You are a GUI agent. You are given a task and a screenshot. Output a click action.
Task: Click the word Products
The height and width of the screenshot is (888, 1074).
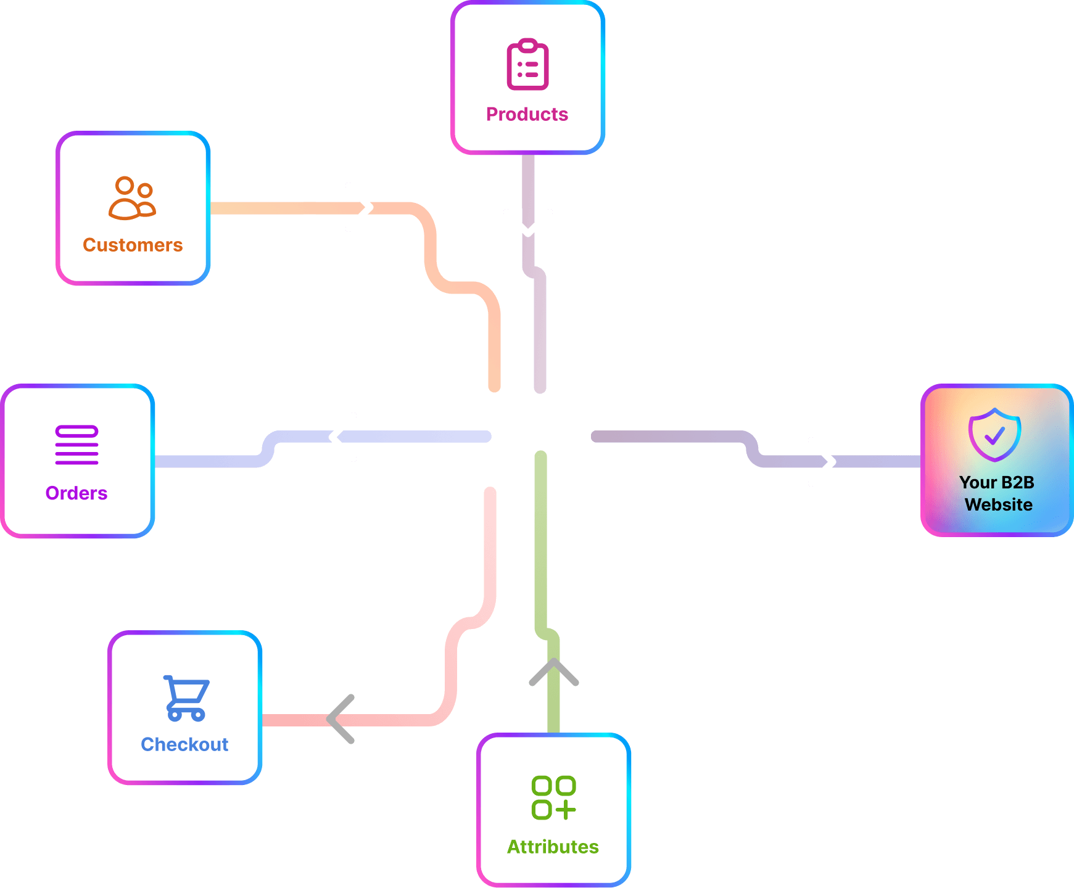[x=527, y=114]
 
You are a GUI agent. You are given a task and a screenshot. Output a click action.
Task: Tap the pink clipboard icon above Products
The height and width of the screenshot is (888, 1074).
[x=527, y=64]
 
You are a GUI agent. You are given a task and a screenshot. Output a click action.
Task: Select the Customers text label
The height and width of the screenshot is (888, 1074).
[x=133, y=245]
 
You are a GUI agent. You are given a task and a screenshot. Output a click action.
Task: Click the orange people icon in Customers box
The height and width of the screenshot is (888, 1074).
[x=133, y=198]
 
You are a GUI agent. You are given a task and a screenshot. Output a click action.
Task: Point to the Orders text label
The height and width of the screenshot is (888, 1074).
[x=76, y=493]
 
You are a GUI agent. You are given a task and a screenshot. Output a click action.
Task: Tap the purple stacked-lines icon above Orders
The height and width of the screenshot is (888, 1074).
[x=76, y=445]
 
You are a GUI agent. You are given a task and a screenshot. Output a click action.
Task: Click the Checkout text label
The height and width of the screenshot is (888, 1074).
[x=184, y=744]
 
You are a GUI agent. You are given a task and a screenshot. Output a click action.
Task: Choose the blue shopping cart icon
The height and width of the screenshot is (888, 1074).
[x=186, y=698]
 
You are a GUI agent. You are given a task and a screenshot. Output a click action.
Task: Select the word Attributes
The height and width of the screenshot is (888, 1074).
[x=553, y=847]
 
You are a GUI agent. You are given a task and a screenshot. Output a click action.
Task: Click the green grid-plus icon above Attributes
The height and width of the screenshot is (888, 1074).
[x=553, y=797]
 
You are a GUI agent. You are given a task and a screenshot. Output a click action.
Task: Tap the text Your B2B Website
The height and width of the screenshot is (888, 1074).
[x=998, y=493]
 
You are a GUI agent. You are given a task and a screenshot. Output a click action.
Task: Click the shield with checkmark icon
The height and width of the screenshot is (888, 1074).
[x=994, y=435]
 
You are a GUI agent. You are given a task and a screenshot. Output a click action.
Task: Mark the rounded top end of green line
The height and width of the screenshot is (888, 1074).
[x=541, y=457]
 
